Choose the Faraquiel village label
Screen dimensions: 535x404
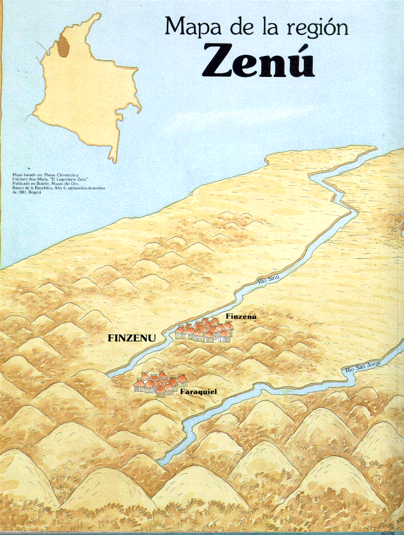(x=199, y=392)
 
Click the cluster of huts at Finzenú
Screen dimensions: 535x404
(x=204, y=331)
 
